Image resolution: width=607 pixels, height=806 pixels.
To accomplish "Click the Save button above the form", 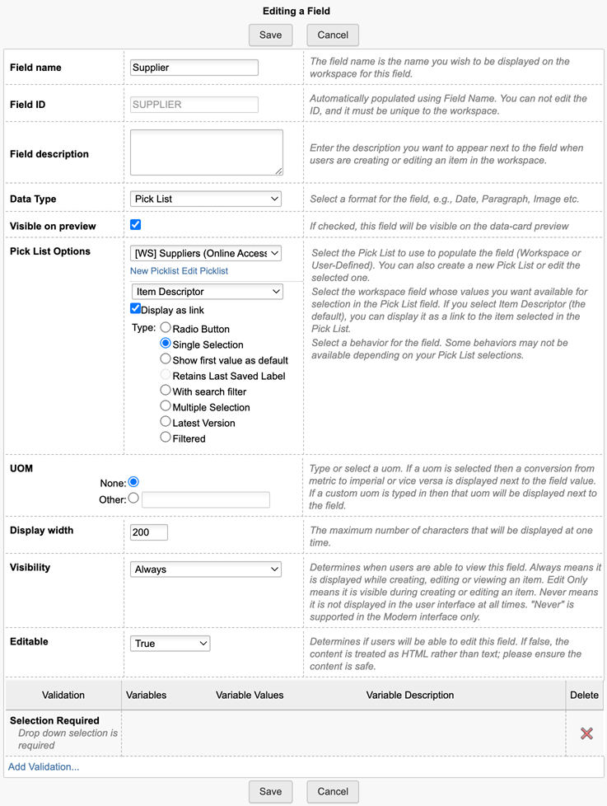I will [x=270, y=35].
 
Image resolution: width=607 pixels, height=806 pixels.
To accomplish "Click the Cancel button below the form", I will [x=333, y=791].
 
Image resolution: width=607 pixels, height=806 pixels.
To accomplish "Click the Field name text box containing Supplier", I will [x=194, y=68].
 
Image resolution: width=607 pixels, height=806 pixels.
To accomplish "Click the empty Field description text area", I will [x=207, y=152].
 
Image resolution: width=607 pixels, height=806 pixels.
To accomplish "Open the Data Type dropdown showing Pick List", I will [x=206, y=199].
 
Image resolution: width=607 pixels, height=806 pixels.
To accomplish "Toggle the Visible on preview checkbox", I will [x=136, y=225].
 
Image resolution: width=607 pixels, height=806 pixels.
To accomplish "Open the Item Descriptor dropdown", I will [x=207, y=292].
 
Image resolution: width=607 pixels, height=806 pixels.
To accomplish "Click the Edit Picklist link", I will [x=204, y=271].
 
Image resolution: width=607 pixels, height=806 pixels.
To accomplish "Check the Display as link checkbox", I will [x=136, y=309].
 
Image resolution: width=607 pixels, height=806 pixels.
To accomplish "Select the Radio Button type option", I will [x=166, y=328].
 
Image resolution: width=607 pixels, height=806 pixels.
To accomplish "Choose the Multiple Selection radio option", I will [x=166, y=406].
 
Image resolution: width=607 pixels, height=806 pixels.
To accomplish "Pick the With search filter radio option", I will [x=166, y=391].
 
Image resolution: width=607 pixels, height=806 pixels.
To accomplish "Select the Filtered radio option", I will [x=166, y=438].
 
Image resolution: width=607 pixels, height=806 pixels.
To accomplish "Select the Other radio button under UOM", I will [x=133, y=499].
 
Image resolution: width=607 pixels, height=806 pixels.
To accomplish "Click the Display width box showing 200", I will [x=149, y=532].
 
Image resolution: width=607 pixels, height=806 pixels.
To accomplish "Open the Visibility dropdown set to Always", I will [x=206, y=569].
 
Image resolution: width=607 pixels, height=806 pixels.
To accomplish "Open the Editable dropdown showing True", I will [x=170, y=644].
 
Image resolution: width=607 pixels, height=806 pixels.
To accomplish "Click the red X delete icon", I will [x=586, y=733].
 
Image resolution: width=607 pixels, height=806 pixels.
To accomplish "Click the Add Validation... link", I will [x=44, y=767].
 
